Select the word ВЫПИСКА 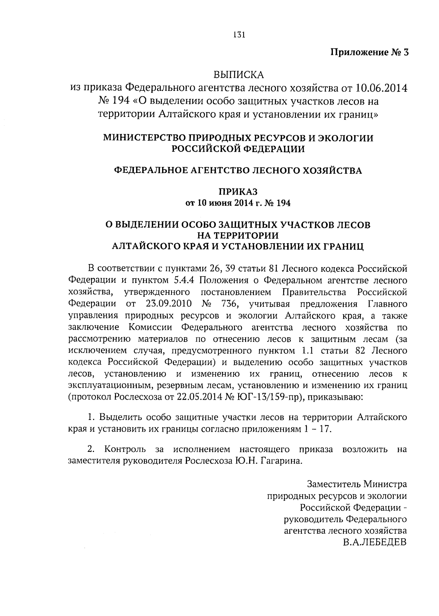point(239,75)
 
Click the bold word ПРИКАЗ point(238,191)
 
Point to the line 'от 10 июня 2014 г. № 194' point(238,203)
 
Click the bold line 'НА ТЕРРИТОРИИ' point(238,235)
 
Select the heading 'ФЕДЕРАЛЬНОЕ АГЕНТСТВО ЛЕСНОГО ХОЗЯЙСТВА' point(238,170)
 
